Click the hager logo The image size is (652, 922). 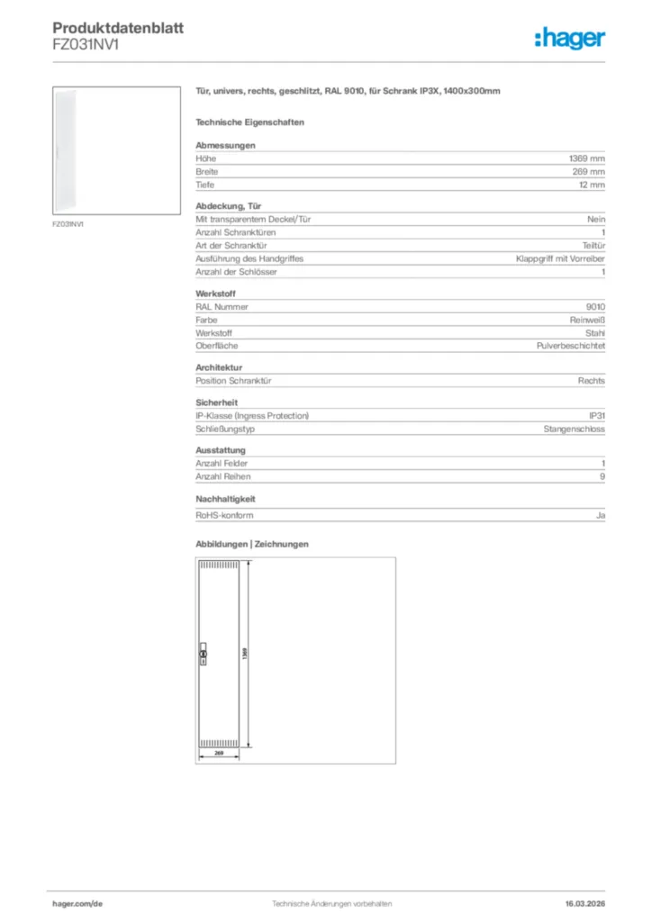click(x=569, y=38)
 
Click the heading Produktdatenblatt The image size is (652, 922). click(x=118, y=28)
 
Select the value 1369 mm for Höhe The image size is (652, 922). click(x=587, y=158)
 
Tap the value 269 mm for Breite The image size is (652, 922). click(x=589, y=171)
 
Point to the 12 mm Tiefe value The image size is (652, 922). click(x=592, y=185)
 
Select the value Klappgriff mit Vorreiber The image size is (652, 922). click(x=560, y=258)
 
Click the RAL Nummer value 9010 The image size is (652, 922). click(x=595, y=306)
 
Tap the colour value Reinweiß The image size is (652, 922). click(x=587, y=320)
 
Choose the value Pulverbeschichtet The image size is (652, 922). click(x=570, y=346)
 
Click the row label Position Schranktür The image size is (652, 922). click(x=234, y=381)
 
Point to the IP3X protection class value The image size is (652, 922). click(x=596, y=416)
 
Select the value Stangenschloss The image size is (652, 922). click(x=574, y=429)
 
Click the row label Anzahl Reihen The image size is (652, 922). click(x=223, y=476)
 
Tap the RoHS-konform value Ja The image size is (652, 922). click(x=600, y=515)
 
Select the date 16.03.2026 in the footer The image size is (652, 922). click(x=578, y=903)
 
